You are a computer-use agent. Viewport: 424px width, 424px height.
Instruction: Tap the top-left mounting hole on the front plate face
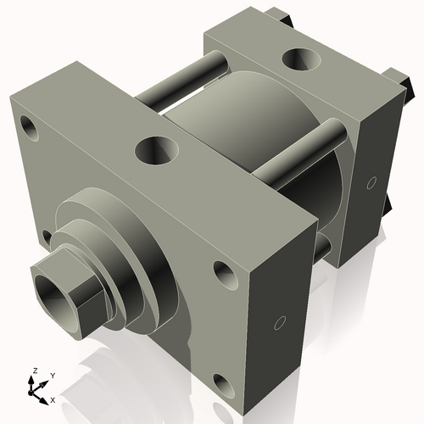coord(31,130)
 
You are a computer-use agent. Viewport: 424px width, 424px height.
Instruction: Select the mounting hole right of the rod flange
coord(224,273)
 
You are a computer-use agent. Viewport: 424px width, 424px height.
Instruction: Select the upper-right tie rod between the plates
coord(297,153)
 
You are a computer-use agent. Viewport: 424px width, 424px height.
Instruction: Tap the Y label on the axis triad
coord(52,375)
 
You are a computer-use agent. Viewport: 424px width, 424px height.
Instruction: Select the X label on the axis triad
coord(53,399)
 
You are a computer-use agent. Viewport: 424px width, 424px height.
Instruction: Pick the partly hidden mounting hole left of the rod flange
coord(47,237)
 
